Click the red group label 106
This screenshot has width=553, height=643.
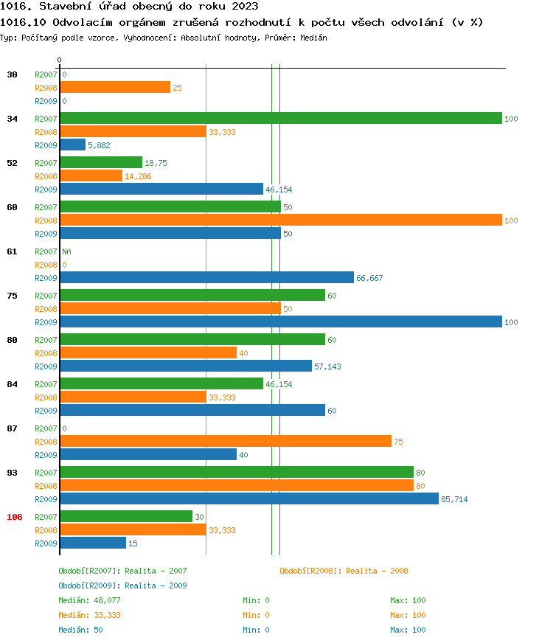pyautogui.click(x=15, y=517)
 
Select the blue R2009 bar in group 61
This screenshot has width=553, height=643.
pyautogui.click(x=206, y=278)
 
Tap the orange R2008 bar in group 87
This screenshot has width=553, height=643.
pyautogui.click(x=225, y=442)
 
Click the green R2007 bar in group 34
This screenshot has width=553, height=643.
pyautogui.click(x=280, y=119)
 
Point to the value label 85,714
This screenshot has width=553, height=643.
pyautogui.click(x=454, y=499)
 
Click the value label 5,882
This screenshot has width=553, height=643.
pyautogui.click(x=99, y=145)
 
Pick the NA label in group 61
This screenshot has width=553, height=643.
pyautogui.click(x=66, y=251)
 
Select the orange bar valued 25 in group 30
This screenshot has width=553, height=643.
pyautogui.click(x=114, y=88)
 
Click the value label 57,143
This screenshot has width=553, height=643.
pyautogui.click(x=327, y=366)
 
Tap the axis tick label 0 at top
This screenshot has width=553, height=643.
pyautogui.click(x=60, y=60)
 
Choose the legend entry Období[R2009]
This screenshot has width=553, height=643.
pyautogui.click(x=88, y=585)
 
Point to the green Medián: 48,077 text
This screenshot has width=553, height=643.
pyautogui.click(x=89, y=600)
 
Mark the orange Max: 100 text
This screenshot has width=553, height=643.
pyautogui.click(x=408, y=615)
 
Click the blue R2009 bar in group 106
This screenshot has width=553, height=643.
pyautogui.click(x=92, y=543)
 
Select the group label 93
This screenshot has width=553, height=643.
pyautogui.click(x=13, y=473)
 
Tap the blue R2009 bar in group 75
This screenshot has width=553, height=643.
pyautogui.click(x=280, y=322)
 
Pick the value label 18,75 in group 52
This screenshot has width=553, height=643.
pyautogui.click(x=156, y=163)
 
